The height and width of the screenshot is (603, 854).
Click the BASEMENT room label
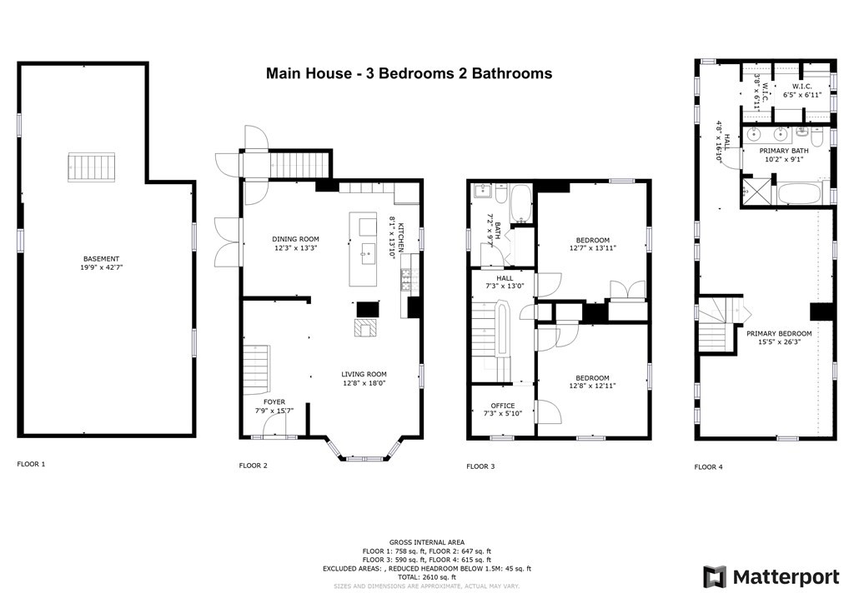(x=101, y=259)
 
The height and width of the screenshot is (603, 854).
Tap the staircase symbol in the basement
(x=92, y=167)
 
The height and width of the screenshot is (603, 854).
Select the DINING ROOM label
(x=296, y=239)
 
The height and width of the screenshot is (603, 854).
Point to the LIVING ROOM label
(x=364, y=374)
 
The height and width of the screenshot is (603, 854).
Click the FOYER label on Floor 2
(x=274, y=401)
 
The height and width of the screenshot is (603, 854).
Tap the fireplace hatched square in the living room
(x=365, y=328)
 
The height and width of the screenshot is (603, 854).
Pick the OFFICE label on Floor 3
(x=503, y=406)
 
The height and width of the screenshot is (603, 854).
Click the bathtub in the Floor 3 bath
(x=521, y=204)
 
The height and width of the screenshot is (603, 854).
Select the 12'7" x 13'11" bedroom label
(x=593, y=244)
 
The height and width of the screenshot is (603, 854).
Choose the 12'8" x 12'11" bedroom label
(x=593, y=381)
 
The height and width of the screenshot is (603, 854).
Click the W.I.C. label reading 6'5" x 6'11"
(x=801, y=90)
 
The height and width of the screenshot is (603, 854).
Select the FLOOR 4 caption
(x=709, y=466)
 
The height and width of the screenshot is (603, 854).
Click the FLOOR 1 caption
(x=31, y=464)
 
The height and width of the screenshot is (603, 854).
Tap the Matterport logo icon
(x=714, y=577)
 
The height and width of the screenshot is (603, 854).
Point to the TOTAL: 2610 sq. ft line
(x=426, y=577)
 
